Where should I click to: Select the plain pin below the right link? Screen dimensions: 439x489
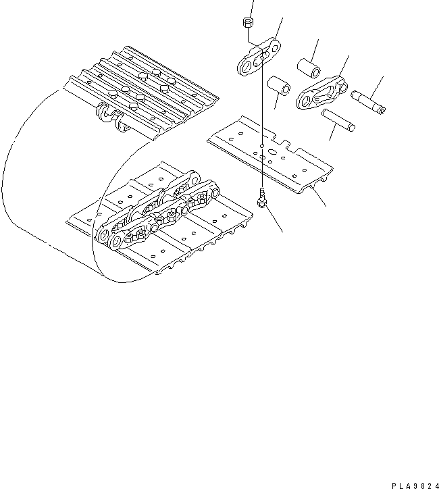pos(338,119)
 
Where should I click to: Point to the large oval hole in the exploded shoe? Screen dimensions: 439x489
pos(269,153)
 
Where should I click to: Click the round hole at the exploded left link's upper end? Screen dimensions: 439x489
pos(274,45)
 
